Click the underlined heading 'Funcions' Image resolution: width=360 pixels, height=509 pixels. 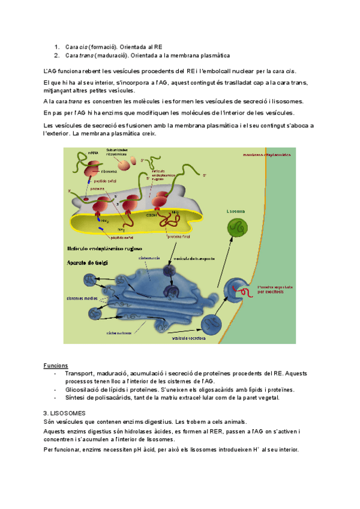[x=56, y=365]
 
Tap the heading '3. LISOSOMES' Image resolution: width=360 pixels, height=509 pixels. [x=65, y=413]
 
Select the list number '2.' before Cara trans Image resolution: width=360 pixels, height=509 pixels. [x=56, y=56]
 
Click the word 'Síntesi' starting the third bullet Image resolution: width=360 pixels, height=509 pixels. [x=74, y=397]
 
